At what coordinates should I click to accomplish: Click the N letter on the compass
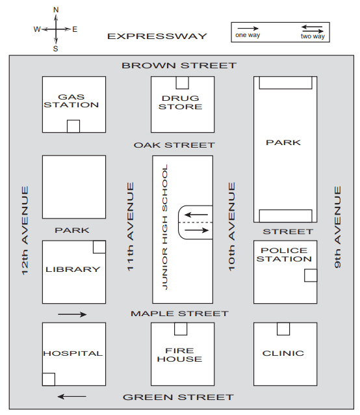pyautogui.click(x=56, y=10)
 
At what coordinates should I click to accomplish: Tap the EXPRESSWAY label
pyautogui.click(x=157, y=36)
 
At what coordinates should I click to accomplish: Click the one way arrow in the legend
pyautogui.click(x=248, y=29)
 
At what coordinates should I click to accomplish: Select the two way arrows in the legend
pyautogui.click(x=312, y=29)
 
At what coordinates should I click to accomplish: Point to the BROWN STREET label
pyautogui.click(x=179, y=66)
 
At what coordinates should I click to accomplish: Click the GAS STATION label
pyautogui.click(x=71, y=101)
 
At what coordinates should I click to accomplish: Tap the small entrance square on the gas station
pyautogui.click(x=73, y=126)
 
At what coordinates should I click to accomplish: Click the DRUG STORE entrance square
pyautogui.click(x=183, y=83)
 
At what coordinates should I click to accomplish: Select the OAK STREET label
pyautogui.click(x=174, y=145)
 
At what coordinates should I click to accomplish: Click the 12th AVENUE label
pyautogui.click(x=25, y=231)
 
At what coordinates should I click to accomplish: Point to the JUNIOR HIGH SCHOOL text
pyautogui.click(x=164, y=227)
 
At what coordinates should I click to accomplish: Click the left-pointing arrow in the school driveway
pyautogui.click(x=196, y=215)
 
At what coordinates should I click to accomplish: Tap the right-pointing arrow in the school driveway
pyautogui.click(x=197, y=230)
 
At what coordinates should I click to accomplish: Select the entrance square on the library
pyautogui.click(x=99, y=247)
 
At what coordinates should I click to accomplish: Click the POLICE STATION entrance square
pyautogui.click(x=311, y=275)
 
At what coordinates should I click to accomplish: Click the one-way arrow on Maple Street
pyautogui.click(x=72, y=314)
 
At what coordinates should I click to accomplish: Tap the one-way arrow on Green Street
pyautogui.click(x=72, y=397)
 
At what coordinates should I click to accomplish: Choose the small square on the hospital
pyautogui.click(x=49, y=379)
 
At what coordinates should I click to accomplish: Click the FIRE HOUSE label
pyautogui.click(x=180, y=355)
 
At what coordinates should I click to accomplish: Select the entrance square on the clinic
pyautogui.click(x=283, y=329)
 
